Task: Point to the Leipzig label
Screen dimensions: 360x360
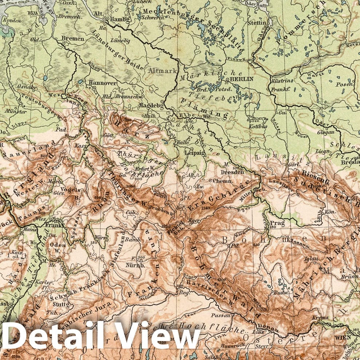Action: point(193,153)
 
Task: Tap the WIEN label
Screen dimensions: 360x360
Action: point(341,337)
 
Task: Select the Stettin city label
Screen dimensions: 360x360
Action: point(257,23)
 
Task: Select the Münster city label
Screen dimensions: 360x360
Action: point(16,112)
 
